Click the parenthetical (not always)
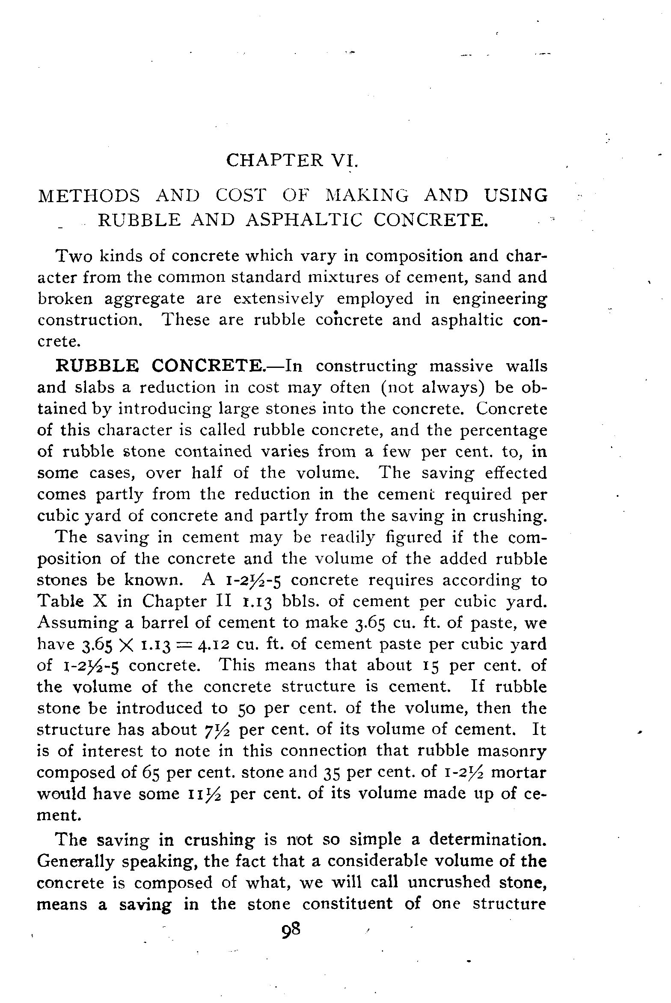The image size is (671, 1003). point(433,388)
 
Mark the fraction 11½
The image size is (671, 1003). point(203,794)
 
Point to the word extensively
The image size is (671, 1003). point(279,299)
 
